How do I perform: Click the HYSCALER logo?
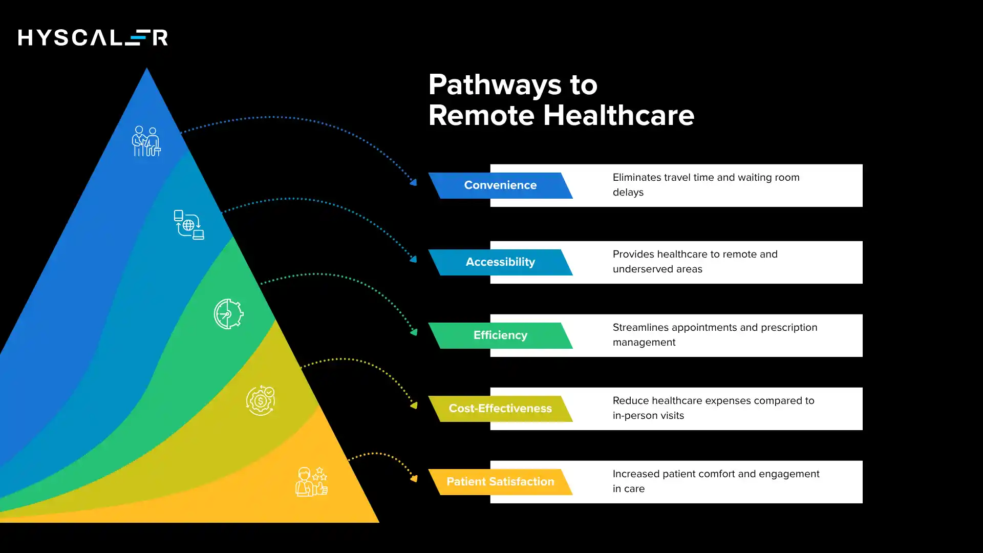click(93, 37)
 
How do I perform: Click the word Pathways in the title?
click(495, 84)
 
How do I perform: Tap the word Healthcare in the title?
click(618, 115)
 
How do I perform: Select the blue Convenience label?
click(500, 185)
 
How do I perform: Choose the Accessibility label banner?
click(500, 262)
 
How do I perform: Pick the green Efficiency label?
click(500, 335)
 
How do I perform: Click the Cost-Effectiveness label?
click(500, 409)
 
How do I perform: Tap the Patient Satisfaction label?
click(500, 482)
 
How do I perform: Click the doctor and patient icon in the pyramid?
click(146, 141)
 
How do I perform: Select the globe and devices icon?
click(189, 225)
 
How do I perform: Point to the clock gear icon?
click(228, 314)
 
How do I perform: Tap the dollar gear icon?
click(261, 400)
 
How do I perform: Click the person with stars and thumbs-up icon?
click(311, 481)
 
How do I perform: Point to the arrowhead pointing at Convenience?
click(413, 182)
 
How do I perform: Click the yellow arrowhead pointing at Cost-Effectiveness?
click(414, 406)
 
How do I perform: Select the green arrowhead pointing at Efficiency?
click(414, 332)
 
